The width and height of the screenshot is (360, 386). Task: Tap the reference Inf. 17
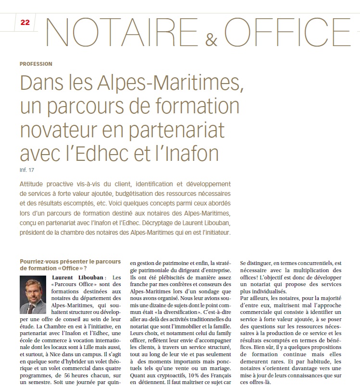point(27,170)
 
